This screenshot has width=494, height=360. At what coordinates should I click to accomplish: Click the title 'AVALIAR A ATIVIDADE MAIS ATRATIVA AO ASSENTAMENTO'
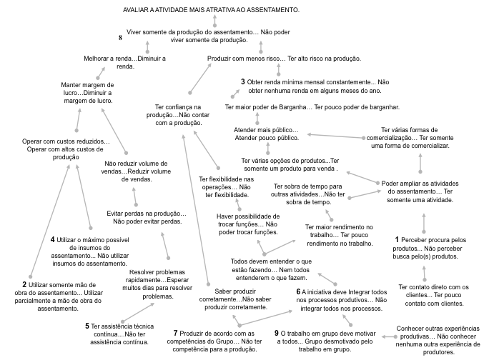click(211, 10)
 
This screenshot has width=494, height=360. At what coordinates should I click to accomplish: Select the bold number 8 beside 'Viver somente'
click(120, 38)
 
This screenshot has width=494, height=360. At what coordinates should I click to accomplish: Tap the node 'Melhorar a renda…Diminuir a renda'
click(125, 62)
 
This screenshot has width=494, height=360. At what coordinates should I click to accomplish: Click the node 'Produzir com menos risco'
click(284, 59)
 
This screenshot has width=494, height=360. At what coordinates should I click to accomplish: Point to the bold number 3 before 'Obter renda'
click(243, 82)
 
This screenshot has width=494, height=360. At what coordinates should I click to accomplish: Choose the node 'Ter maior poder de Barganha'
click(312, 107)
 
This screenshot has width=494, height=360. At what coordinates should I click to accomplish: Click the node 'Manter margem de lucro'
click(88, 93)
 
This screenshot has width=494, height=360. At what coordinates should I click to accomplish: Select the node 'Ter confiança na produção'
click(178, 115)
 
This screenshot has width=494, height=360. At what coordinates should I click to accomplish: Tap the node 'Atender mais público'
click(267, 134)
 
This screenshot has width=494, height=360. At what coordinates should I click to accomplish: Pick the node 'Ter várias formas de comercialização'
click(410, 138)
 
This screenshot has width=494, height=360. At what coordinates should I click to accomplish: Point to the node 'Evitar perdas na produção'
click(147, 217)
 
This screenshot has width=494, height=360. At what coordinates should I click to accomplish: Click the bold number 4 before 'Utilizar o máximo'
click(53, 239)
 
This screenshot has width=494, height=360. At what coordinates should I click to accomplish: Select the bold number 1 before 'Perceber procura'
click(397, 239)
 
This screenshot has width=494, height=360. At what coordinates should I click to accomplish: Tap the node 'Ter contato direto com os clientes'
click(434, 295)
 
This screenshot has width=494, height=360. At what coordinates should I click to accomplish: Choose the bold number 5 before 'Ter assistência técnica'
click(87, 326)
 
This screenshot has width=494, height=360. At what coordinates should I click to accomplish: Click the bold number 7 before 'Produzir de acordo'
click(175, 333)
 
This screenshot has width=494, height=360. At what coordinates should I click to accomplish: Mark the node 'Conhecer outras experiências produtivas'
click(438, 341)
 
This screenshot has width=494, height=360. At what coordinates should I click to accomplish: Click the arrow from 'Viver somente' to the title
click(214, 21)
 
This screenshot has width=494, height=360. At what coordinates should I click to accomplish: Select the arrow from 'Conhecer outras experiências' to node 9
click(389, 336)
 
